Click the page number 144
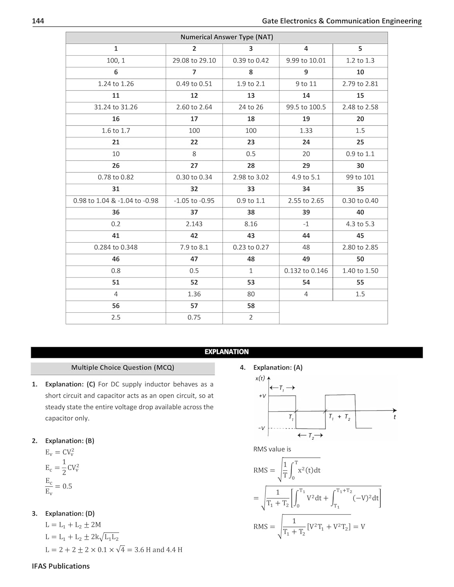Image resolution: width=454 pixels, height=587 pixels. [38, 21]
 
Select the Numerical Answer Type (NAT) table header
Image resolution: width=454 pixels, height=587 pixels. [226, 37]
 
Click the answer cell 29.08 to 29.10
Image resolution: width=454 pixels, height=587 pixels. [194, 61]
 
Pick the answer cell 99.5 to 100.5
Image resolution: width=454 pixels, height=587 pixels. [306, 107]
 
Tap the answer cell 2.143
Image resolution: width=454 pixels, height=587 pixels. [194, 224]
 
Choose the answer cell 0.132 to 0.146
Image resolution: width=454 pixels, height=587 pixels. [306, 271]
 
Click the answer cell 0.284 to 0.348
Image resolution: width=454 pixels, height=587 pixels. [116, 247]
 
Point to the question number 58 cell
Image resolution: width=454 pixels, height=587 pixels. [251, 306]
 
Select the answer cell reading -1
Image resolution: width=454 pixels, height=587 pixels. [306, 224]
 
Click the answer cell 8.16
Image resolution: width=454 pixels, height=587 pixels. [251, 224]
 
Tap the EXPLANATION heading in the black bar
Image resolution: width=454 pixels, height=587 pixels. [226, 352]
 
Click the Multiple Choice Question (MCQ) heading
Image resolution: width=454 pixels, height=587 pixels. [123, 368]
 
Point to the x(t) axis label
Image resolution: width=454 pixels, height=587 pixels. [260, 378]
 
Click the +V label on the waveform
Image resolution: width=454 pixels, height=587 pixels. [262, 396]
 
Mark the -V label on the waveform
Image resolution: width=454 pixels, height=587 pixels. [262, 428]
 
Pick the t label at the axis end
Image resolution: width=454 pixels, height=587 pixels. [394, 417]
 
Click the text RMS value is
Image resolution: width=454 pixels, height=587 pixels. [272, 449]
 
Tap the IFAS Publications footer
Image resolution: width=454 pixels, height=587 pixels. [61, 566]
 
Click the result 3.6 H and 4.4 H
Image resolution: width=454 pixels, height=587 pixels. [158, 550]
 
